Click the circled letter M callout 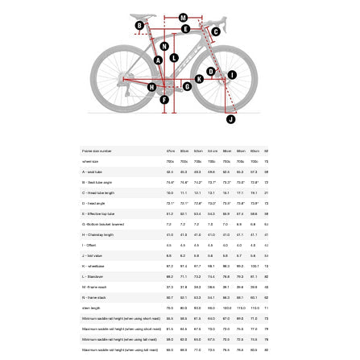[183, 17]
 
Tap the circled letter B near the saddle [139, 26]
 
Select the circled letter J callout [230, 119]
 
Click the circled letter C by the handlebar [215, 32]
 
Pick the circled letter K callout [199, 79]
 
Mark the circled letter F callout [164, 100]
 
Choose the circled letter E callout [185, 29]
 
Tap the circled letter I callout [232, 76]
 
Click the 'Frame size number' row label [97, 151]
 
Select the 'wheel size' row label [90, 161]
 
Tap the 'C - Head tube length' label [98, 192]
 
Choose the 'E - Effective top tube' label [99, 213]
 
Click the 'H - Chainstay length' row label [97, 234]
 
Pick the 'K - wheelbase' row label [92, 266]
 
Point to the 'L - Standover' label [91, 276]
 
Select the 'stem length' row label [90, 308]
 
